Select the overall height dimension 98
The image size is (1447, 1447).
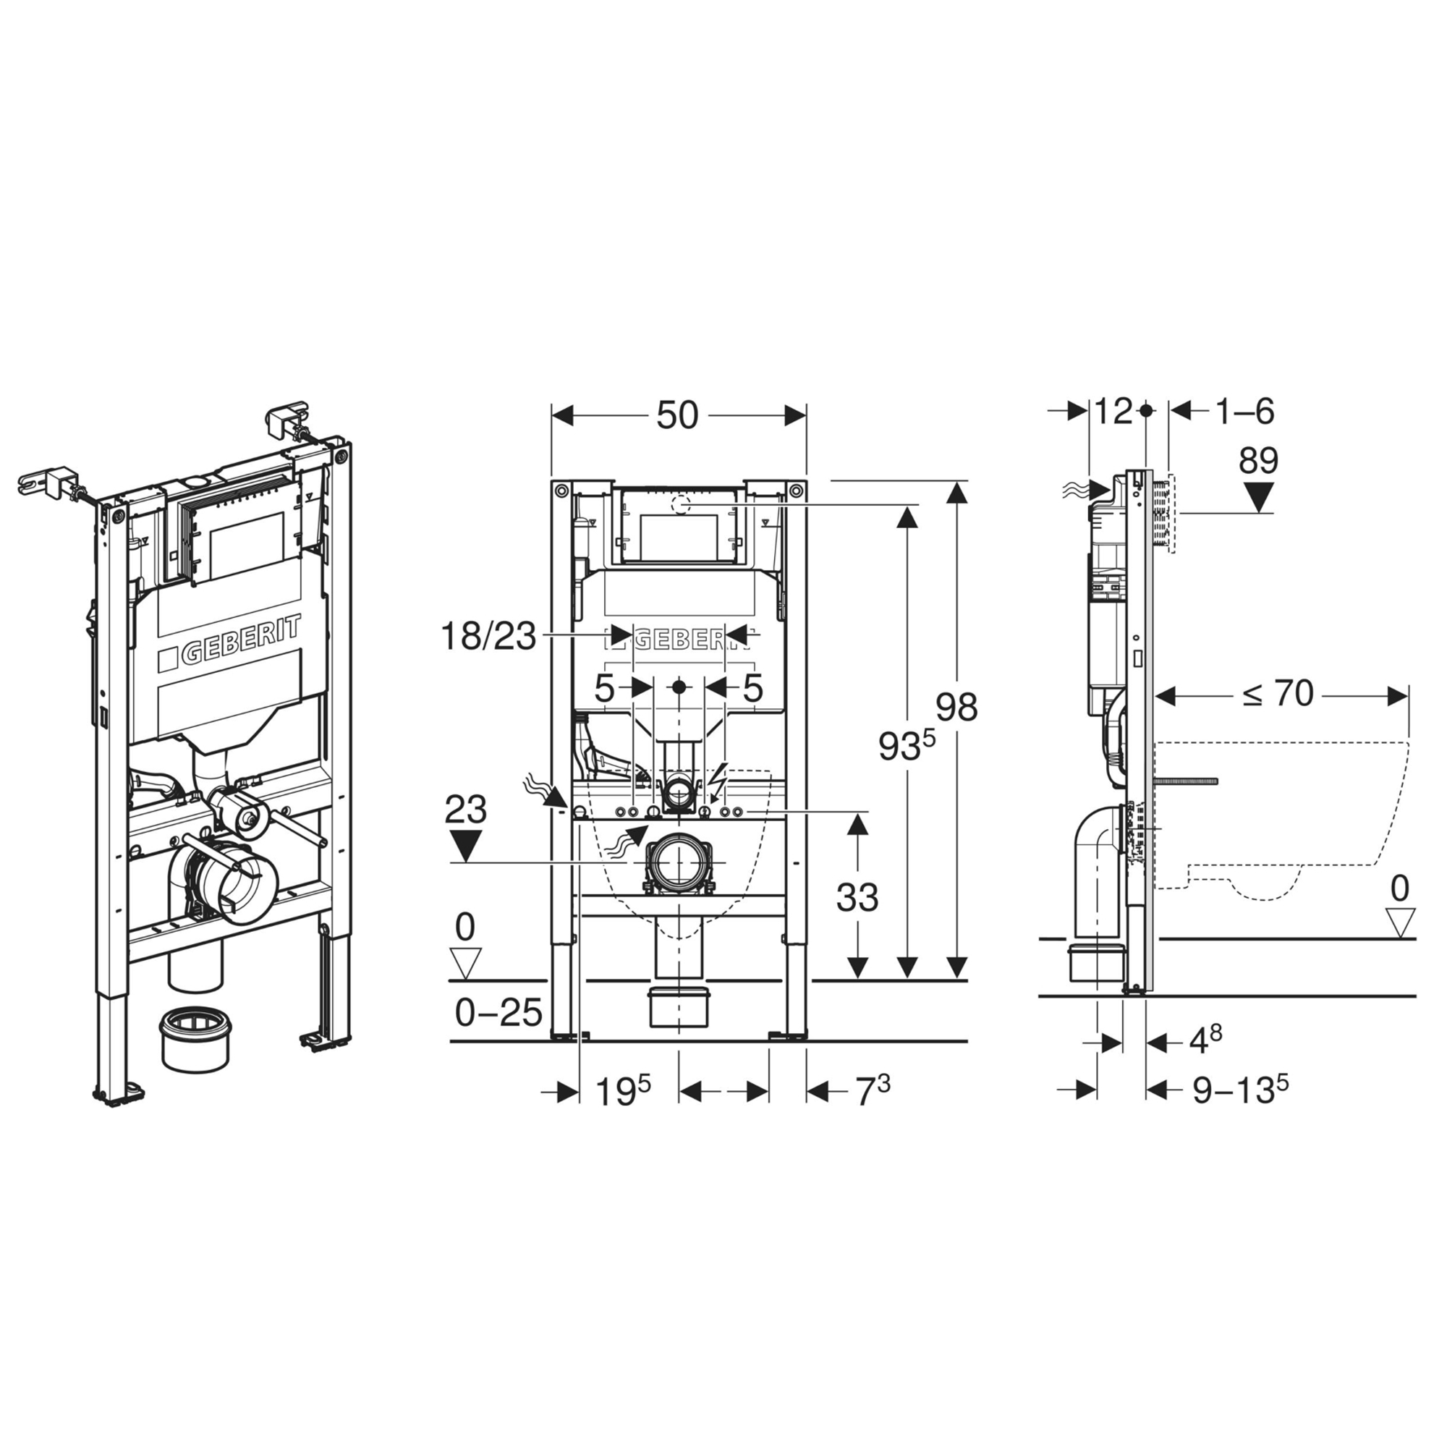pyautogui.click(x=956, y=708)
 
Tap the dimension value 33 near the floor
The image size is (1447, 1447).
pyautogui.click(x=857, y=896)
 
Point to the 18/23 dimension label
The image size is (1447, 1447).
pyautogui.click(x=488, y=637)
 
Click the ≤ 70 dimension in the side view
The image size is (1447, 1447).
pyautogui.click(x=1278, y=694)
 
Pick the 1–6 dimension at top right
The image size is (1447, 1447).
pyautogui.click(x=1244, y=411)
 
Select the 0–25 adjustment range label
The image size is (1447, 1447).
pyautogui.click(x=498, y=1014)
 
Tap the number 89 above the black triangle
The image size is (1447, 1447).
pyautogui.click(x=1258, y=462)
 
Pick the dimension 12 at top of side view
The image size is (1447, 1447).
pyautogui.click(x=1113, y=411)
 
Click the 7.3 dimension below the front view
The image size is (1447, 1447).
pyautogui.click(x=873, y=1090)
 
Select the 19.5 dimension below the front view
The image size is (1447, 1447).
pyautogui.click(x=622, y=1090)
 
